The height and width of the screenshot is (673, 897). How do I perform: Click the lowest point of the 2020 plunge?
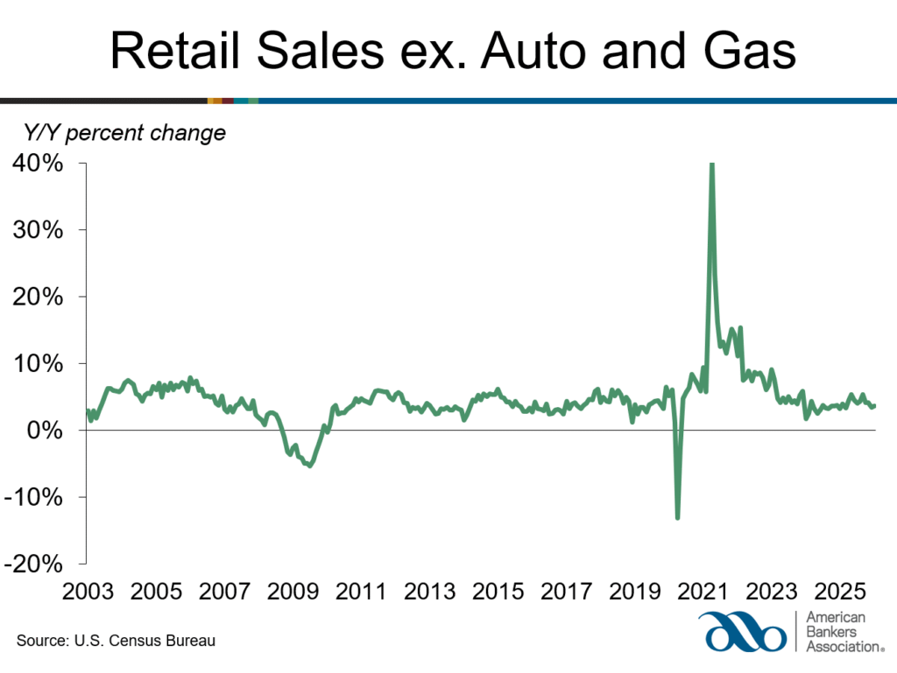677,518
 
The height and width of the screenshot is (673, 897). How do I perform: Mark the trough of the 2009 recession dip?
310,465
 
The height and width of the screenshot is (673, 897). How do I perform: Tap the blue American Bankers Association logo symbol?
742,632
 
